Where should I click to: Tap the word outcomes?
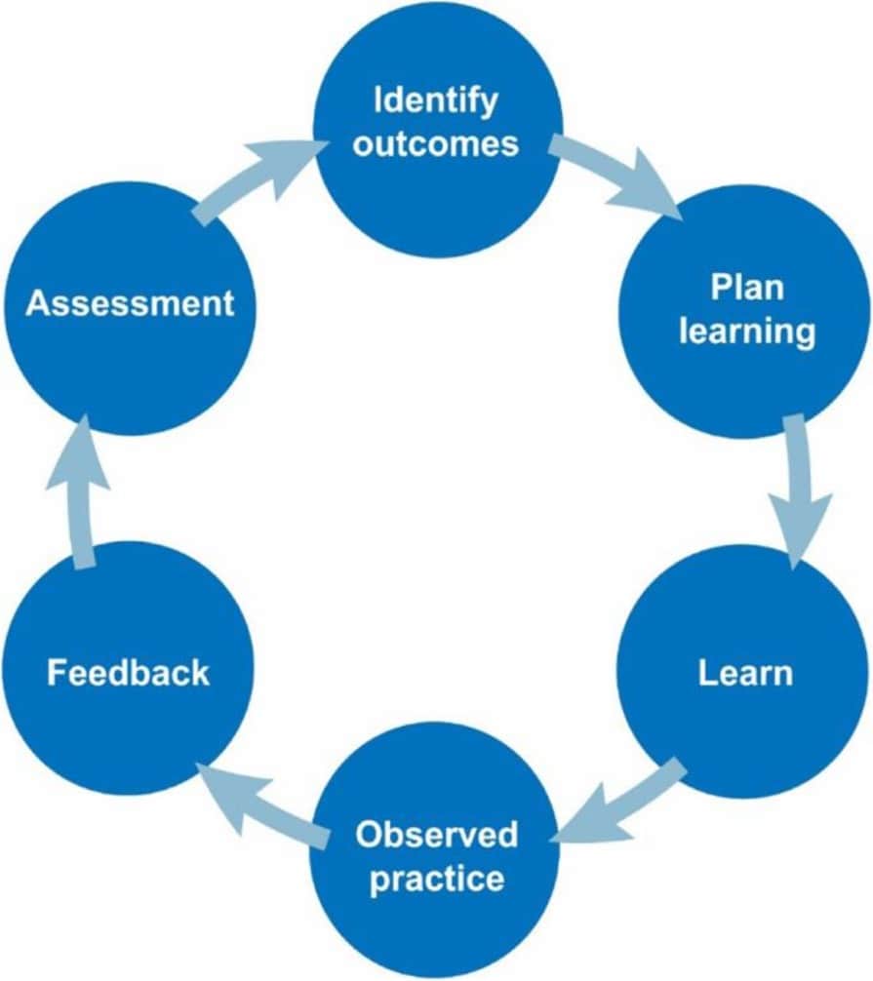click(436, 143)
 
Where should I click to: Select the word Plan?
click(746, 289)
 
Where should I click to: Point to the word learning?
click(746, 332)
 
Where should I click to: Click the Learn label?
click(744, 673)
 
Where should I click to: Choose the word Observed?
click(436, 835)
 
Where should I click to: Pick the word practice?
click(436, 879)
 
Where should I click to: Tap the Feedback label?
click(128, 673)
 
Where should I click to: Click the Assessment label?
click(130, 303)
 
